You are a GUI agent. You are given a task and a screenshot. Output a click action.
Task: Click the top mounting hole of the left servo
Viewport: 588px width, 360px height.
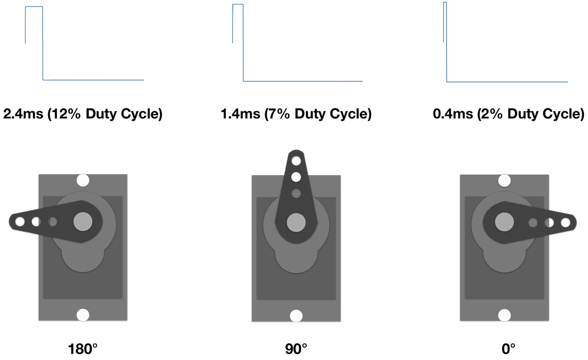pyautogui.click(x=83, y=180)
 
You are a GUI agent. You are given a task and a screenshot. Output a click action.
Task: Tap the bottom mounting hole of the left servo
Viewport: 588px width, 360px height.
pyautogui.click(x=83, y=315)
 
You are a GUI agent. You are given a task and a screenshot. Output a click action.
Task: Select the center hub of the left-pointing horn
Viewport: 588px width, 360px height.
pyautogui.click(x=83, y=221)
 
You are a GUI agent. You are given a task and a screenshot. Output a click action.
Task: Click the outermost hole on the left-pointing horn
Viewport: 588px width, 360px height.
pyautogui.click(x=20, y=222)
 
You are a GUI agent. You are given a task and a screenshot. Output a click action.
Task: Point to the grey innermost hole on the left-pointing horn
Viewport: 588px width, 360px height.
pyautogui.click(x=53, y=222)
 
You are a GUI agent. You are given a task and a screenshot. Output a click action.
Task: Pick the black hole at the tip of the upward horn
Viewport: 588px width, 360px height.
pyautogui.click(x=296, y=160)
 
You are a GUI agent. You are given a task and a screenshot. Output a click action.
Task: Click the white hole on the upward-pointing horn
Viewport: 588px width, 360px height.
pyautogui.click(x=296, y=176)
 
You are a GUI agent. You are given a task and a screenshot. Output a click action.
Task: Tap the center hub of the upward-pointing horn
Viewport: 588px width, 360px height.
pyautogui.click(x=296, y=222)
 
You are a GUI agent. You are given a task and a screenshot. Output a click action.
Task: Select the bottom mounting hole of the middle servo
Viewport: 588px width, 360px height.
pyautogui.click(x=296, y=316)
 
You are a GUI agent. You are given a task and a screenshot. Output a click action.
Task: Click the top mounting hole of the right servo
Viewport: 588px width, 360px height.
pyautogui.click(x=505, y=180)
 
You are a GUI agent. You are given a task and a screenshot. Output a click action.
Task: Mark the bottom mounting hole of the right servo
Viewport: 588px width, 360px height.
pyautogui.click(x=505, y=315)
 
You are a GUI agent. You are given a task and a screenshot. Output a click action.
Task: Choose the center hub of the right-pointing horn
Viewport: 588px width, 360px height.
pyautogui.click(x=505, y=222)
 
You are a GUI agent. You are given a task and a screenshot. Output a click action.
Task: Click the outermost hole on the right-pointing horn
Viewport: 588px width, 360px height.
pyautogui.click(x=566, y=222)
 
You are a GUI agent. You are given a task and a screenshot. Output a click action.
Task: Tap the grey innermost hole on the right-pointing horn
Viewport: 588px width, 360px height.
pyautogui.click(x=533, y=222)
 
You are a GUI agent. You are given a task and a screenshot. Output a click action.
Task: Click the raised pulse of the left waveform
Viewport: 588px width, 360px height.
pyautogui.click(x=34, y=7)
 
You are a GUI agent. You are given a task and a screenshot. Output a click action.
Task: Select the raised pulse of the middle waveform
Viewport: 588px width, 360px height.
pyautogui.click(x=238, y=5)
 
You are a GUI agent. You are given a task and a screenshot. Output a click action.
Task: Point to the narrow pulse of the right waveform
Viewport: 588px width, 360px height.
pyautogui.click(x=445, y=3)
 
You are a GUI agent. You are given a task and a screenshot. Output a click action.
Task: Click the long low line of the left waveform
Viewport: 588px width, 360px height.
pyautogui.click(x=94, y=81)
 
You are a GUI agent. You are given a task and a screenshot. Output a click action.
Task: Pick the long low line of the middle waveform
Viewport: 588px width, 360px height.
pyautogui.click(x=303, y=82)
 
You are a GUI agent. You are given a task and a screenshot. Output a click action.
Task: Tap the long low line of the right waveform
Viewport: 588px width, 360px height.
pyautogui.click(x=507, y=82)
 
